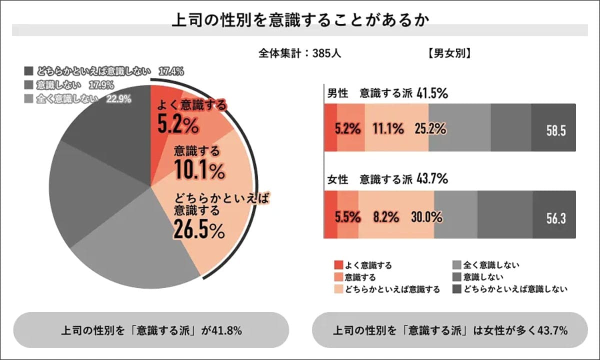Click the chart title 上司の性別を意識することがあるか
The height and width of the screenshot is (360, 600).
tap(300, 20)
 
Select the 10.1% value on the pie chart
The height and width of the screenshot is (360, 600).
tap(199, 170)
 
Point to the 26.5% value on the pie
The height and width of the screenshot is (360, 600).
tap(199, 229)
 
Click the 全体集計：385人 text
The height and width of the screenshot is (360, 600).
tap(300, 52)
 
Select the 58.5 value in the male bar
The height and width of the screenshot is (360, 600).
tap(555, 130)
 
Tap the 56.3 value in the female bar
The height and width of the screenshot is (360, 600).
tap(555, 218)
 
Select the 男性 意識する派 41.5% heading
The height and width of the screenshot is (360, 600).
tap(387, 93)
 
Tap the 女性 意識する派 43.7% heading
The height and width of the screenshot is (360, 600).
tap(387, 178)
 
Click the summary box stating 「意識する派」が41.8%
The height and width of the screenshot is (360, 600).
tap(151, 330)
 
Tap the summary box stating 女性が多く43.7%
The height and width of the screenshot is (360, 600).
tap(449, 330)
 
